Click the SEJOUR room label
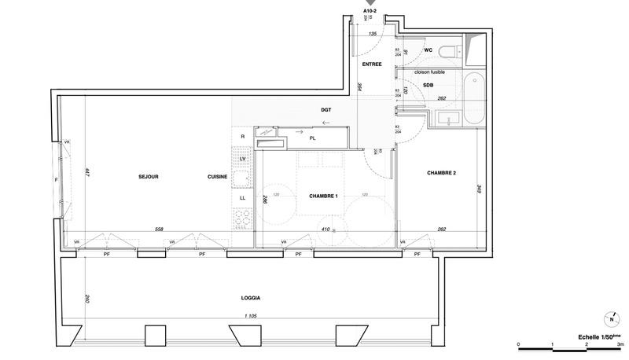148,177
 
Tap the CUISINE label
218,177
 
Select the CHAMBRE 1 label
322,196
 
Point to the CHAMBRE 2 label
442,172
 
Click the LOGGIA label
250,298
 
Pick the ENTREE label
372,64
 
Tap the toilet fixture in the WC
447,53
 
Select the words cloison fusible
429,72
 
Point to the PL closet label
313,138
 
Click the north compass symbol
611,319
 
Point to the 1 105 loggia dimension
252,317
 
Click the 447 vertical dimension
86,173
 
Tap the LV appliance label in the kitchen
243,159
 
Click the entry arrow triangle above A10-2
370,4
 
